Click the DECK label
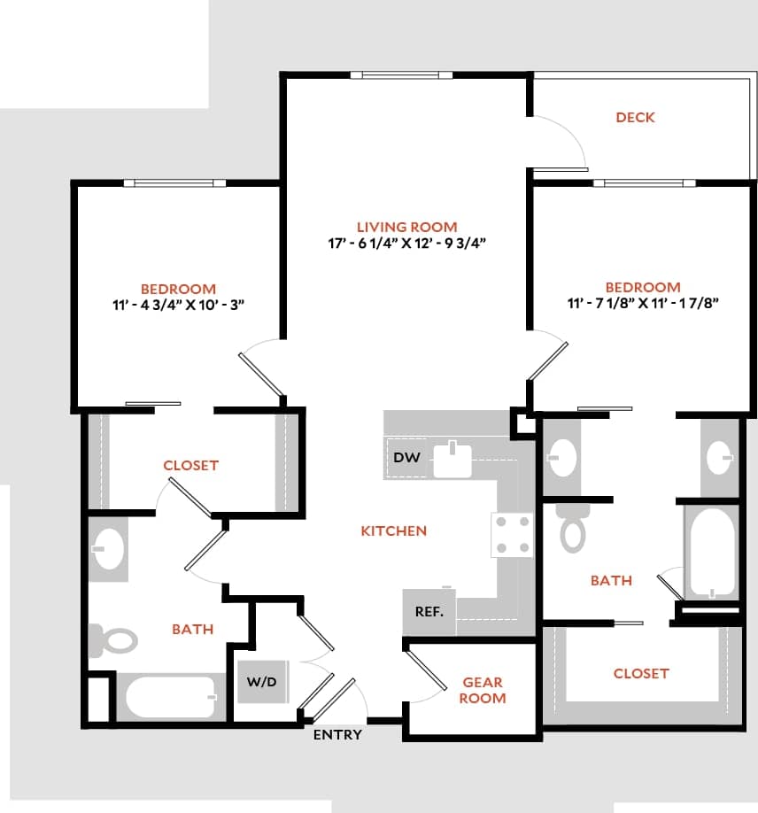click(635, 117)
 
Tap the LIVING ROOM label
click(407, 227)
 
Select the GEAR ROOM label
click(483, 690)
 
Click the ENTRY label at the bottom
click(337, 734)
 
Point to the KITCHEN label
click(394, 530)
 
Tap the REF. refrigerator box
click(429, 612)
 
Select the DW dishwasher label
click(406, 458)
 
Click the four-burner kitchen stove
click(513, 535)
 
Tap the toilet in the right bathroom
click(574, 530)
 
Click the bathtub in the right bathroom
click(712, 555)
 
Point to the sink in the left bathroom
click(109, 549)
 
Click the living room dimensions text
click(407, 244)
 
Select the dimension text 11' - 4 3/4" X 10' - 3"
click(178, 306)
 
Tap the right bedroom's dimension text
click(642, 304)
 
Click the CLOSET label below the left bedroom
click(190, 465)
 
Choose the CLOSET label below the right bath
click(641, 673)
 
